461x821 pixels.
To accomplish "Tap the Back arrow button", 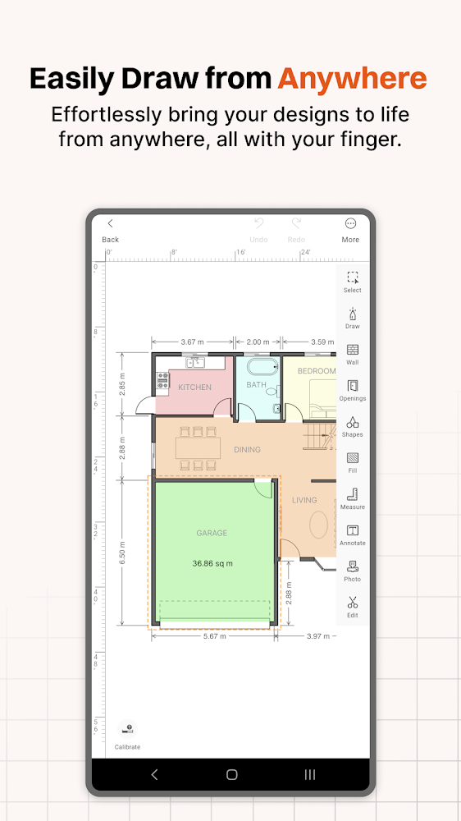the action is tap(110, 223).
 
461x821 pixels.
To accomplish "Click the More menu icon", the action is tap(350, 223).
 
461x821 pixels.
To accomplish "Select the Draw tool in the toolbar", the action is tap(352, 314).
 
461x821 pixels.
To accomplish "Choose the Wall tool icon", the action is tap(352, 350).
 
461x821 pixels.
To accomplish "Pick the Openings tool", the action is tap(353, 386).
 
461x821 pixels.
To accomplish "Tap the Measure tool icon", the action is tap(353, 494).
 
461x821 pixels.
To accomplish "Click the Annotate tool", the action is tap(353, 530).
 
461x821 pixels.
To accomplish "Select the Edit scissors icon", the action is tap(353, 603).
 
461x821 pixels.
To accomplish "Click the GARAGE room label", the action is tap(212, 533).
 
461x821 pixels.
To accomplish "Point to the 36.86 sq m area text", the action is tap(212, 563).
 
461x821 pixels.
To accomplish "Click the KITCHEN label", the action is tap(194, 388).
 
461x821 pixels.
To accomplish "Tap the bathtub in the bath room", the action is tap(262, 367).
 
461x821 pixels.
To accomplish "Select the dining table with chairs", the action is tap(197, 449).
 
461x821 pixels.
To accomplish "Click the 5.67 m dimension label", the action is tap(215, 636).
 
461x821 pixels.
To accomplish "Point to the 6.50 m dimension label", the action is tap(122, 552).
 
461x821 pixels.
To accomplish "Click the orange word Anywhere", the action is tap(352, 79).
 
